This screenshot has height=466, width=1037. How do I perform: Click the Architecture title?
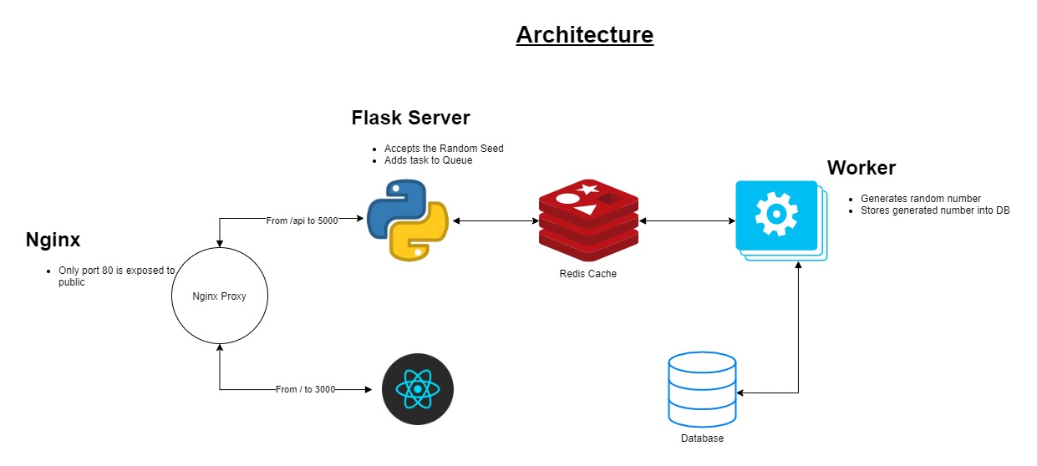pyautogui.click(x=584, y=35)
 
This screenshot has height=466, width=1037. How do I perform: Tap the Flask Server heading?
pyautogui.click(x=410, y=118)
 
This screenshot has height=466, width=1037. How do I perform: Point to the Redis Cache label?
pyautogui.click(x=588, y=274)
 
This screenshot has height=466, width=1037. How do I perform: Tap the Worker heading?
pyautogui.click(x=861, y=168)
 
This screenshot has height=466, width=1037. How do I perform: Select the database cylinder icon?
pyautogui.click(x=702, y=389)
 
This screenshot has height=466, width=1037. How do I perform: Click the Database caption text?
pyautogui.click(x=702, y=438)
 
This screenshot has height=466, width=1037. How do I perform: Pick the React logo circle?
pyautogui.click(x=417, y=390)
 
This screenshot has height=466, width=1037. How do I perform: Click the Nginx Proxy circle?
pyautogui.click(x=219, y=296)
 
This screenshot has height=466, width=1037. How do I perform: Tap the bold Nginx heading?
pyautogui.click(x=53, y=241)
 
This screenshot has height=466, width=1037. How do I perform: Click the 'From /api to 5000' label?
pyautogui.click(x=302, y=220)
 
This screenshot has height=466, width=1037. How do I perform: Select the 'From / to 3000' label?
pyautogui.click(x=305, y=389)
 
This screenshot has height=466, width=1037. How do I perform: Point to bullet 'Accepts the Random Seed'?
pyautogui.click(x=444, y=149)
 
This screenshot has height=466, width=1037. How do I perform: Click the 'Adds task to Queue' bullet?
pyautogui.click(x=428, y=160)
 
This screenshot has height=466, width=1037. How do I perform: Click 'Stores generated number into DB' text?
pyautogui.click(x=934, y=210)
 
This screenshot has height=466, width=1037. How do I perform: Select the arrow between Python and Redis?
pyautogui.click(x=494, y=220)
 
